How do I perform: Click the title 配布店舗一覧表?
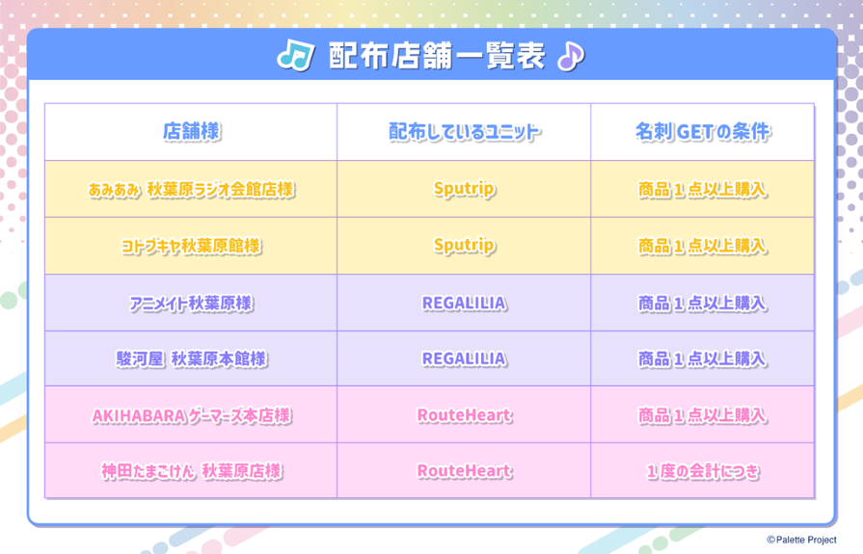437,56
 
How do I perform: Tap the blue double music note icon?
296,56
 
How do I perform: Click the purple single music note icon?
570,56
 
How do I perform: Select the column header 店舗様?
192,131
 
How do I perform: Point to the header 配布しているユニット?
464,131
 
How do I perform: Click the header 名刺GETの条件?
703,131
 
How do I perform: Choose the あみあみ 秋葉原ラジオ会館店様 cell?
192,189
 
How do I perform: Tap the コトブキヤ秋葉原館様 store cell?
192,246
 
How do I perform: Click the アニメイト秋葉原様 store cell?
192,303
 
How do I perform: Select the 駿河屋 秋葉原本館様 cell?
192,359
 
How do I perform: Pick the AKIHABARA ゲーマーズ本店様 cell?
192,415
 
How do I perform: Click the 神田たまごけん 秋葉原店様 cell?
192,471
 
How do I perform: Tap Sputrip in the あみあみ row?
464,189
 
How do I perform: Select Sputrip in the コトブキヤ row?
464,246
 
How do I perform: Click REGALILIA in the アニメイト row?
464,303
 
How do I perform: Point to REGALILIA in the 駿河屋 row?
464,359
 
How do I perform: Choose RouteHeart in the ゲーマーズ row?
464,415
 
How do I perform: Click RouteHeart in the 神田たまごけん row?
464,471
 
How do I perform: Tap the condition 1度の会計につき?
703,471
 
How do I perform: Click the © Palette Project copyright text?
802,541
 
